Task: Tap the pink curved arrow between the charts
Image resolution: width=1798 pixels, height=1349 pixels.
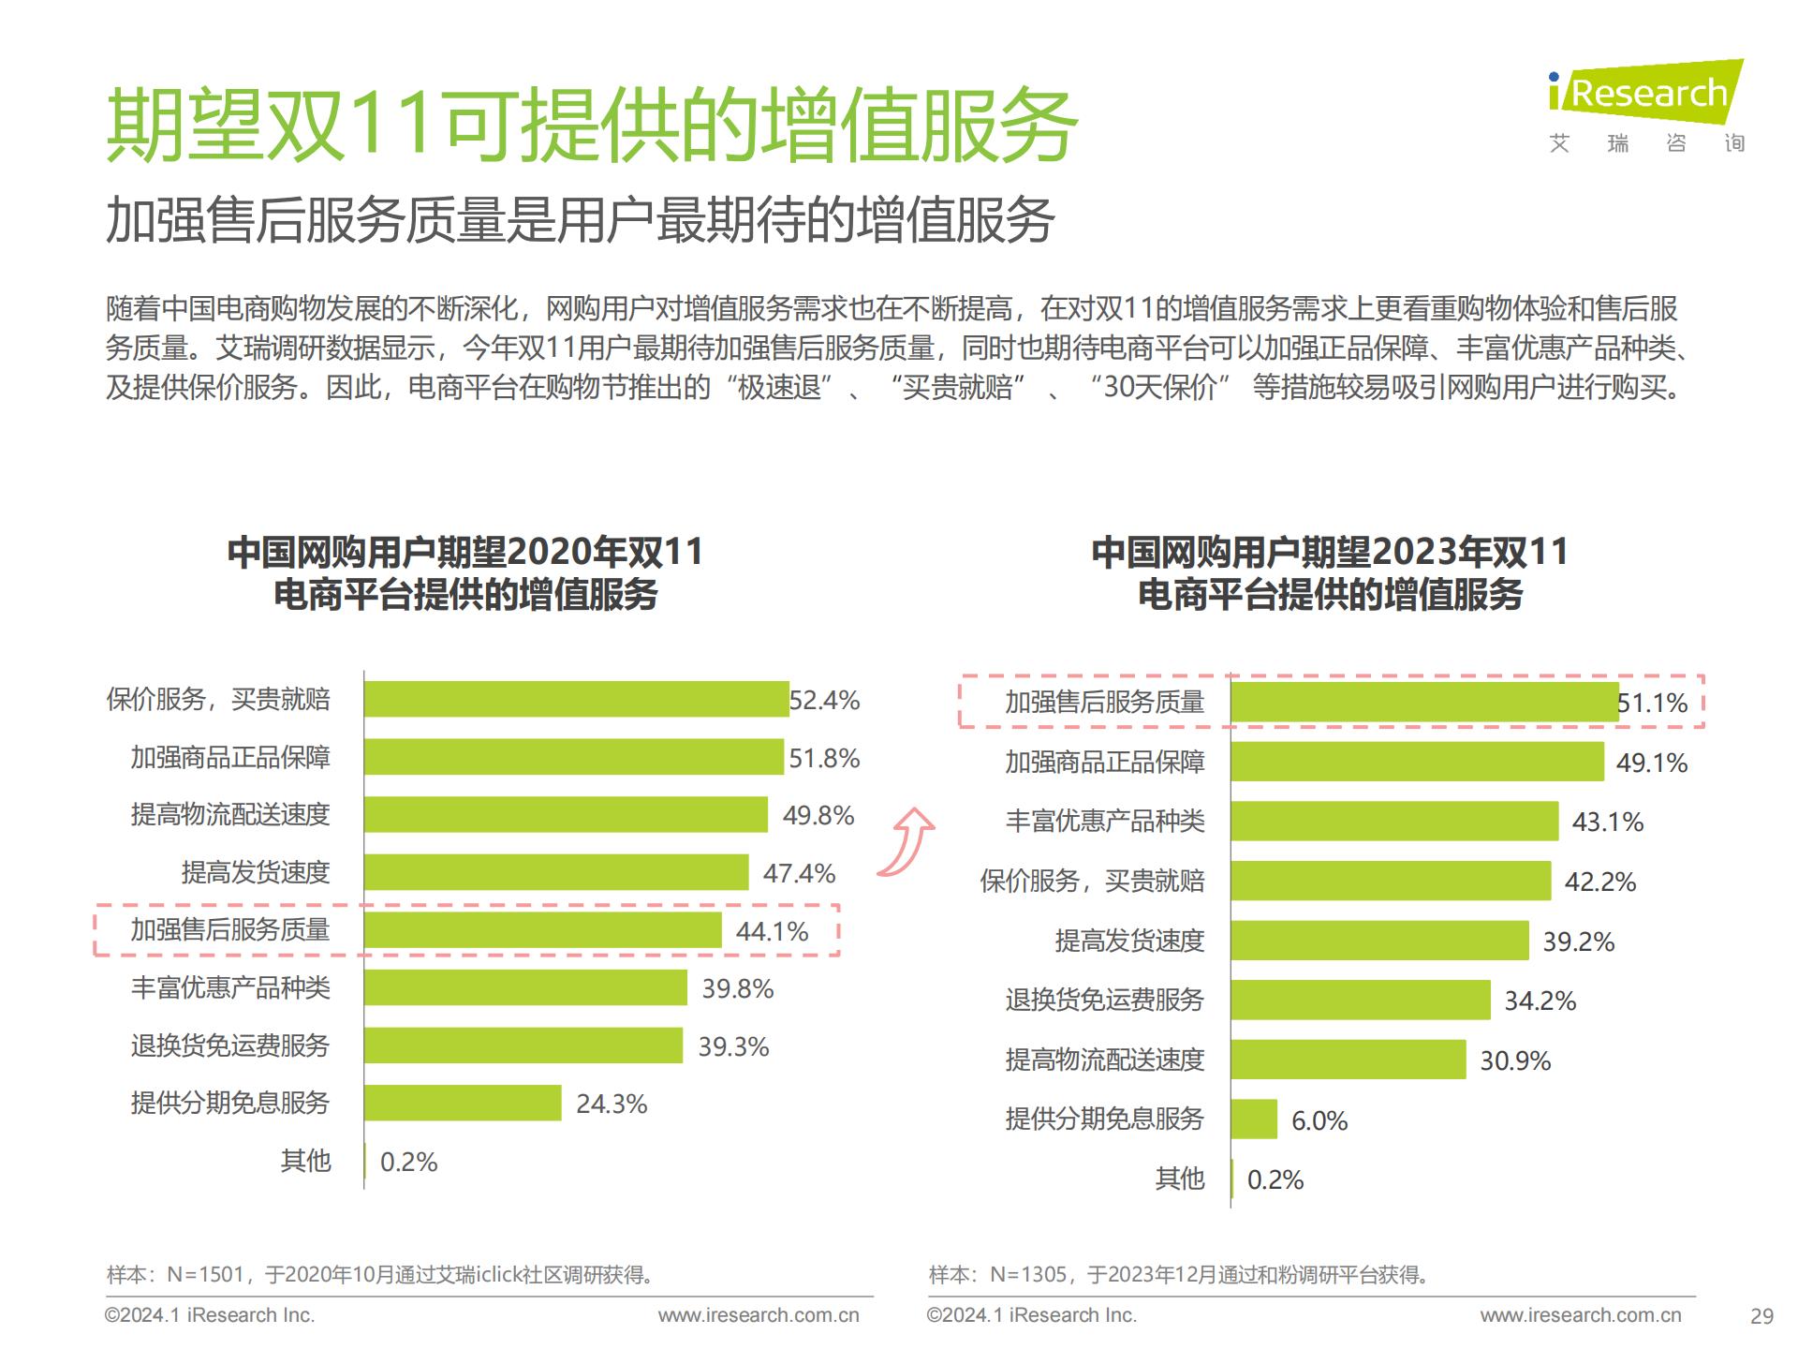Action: click(908, 841)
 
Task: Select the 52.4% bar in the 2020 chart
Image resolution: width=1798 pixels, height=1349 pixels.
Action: click(576, 699)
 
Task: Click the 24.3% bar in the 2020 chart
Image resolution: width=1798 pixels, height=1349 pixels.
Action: click(463, 1103)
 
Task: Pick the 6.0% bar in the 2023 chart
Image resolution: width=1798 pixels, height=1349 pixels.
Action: click(1254, 1119)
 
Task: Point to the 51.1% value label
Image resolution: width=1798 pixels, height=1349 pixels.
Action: click(1653, 703)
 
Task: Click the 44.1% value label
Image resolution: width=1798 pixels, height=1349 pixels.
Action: click(772, 931)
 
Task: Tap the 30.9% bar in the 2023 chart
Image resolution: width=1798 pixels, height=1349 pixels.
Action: click(1348, 1060)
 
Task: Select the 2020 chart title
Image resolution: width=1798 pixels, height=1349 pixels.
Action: click(465, 572)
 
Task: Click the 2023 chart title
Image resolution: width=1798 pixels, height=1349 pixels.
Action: click(1330, 572)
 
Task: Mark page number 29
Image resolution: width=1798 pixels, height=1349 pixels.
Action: click(1761, 1316)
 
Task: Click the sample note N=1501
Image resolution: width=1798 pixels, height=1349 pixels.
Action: click(380, 1275)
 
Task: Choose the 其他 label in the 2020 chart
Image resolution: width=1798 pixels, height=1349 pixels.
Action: click(306, 1161)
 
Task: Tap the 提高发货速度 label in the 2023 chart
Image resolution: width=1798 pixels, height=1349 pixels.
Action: click(1129, 941)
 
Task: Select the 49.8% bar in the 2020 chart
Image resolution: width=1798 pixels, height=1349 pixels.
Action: click(566, 814)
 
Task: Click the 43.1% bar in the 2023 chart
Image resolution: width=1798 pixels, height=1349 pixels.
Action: click(1394, 822)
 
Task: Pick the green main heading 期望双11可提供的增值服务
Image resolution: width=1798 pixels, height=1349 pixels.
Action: click(592, 126)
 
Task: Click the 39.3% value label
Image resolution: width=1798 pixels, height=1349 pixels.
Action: click(733, 1046)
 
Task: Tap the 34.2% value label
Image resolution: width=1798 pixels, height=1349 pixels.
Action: click(1540, 1001)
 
